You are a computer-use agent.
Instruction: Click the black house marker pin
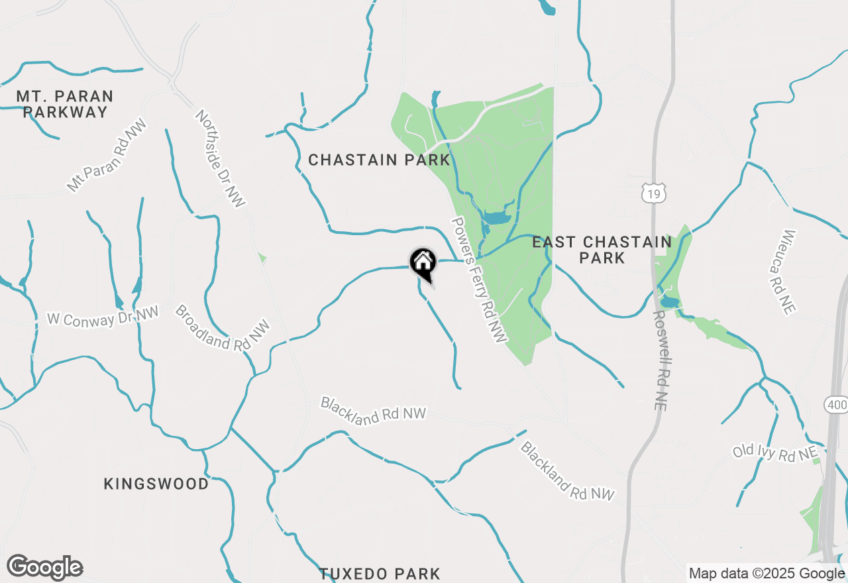pyautogui.click(x=423, y=263)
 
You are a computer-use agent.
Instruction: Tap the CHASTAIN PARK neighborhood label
pyautogui.click(x=379, y=160)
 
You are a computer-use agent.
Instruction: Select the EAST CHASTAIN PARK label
pyautogui.click(x=602, y=250)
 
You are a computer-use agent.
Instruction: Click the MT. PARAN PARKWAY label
pyautogui.click(x=65, y=104)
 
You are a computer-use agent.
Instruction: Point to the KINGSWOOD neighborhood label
pyautogui.click(x=156, y=484)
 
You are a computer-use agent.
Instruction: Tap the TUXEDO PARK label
pyautogui.click(x=380, y=573)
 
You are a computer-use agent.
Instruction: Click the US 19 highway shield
pyautogui.click(x=653, y=193)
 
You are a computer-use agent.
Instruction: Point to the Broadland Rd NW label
pyautogui.click(x=223, y=328)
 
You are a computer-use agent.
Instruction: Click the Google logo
pyautogui.click(x=45, y=567)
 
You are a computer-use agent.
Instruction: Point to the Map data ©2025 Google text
pyautogui.click(x=767, y=574)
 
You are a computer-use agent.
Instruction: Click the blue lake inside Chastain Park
pyautogui.click(x=495, y=217)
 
